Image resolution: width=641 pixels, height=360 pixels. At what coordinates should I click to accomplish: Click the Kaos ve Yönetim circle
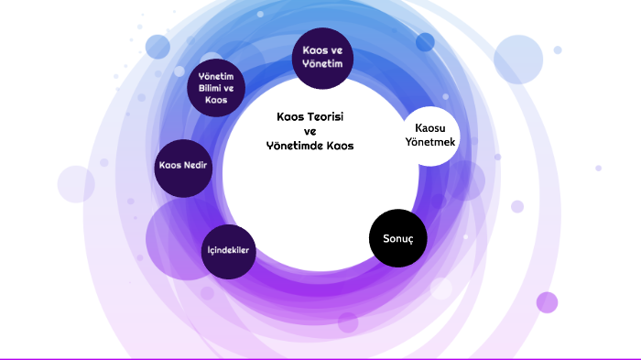click(322, 58)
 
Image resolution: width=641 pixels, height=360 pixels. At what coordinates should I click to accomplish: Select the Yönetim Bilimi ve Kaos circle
click(216, 88)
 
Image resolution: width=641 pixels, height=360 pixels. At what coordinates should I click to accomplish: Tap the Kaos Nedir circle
click(183, 169)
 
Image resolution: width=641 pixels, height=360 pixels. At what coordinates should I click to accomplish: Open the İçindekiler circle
click(229, 252)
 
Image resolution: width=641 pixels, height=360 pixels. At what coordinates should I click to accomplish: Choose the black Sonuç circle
click(398, 238)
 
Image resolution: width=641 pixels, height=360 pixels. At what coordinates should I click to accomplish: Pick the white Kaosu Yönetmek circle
click(430, 136)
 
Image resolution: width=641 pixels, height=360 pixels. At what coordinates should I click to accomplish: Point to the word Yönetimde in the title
click(291, 146)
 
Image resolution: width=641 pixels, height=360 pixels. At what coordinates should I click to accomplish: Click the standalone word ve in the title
click(310, 132)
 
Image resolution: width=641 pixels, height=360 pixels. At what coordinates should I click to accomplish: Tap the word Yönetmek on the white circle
click(430, 142)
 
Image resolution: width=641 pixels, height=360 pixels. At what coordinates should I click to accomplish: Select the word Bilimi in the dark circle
click(211, 88)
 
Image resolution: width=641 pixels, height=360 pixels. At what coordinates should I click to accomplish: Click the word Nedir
click(195, 165)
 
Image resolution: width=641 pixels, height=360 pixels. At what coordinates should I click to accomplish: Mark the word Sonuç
click(398, 239)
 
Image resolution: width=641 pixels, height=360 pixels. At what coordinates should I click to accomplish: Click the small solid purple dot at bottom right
click(547, 302)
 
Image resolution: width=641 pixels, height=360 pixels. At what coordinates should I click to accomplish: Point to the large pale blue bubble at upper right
click(518, 60)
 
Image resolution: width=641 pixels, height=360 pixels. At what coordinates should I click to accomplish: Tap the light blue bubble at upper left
click(158, 47)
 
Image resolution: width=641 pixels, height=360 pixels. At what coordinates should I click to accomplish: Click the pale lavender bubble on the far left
click(76, 184)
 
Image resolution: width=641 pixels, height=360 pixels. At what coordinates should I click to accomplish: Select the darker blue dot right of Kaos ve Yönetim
click(425, 42)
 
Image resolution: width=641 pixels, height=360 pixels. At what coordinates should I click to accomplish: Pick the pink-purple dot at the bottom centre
click(348, 322)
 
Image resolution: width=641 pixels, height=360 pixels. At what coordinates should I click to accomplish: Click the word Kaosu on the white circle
click(430, 128)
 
